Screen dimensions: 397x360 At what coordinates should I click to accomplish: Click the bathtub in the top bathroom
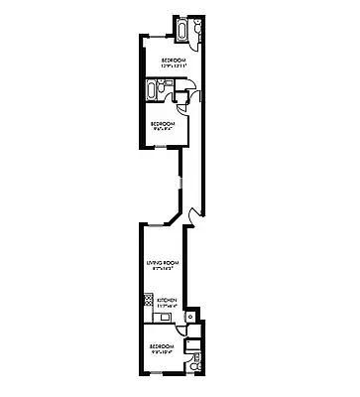click(183, 31)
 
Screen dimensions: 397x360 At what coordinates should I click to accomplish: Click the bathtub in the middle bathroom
click(153, 93)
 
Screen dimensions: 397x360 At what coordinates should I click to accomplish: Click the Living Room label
click(162, 262)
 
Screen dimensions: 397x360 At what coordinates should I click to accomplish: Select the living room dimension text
click(162, 268)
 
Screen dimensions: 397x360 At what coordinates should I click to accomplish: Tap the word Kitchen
click(167, 300)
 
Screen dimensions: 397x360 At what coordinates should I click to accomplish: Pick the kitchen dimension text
click(167, 306)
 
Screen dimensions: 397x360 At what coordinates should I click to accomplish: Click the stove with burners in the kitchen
click(147, 299)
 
